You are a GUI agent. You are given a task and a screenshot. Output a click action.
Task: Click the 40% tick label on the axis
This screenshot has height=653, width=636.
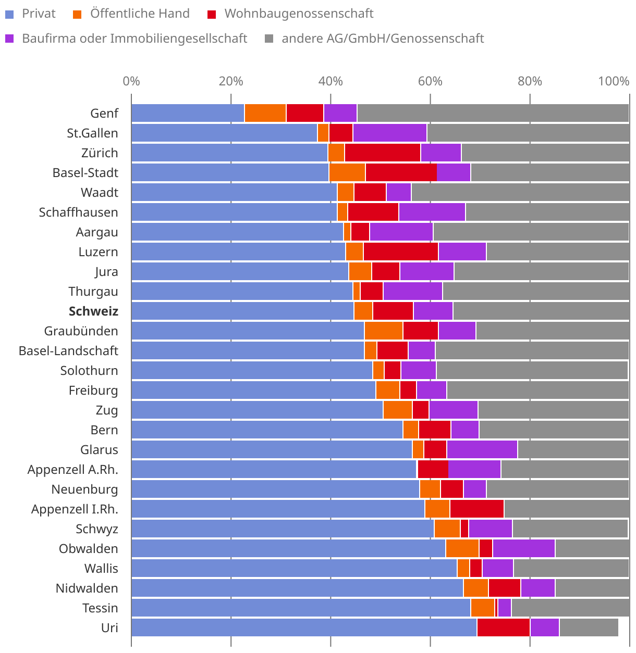(331, 81)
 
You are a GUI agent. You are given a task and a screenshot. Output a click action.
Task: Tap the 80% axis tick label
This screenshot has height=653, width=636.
(530, 81)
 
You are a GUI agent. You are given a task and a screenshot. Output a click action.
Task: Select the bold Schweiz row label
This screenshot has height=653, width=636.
(93, 311)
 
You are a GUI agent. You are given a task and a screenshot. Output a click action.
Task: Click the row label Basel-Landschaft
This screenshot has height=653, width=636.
(68, 351)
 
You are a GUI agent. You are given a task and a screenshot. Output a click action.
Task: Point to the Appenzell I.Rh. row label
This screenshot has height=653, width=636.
(75, 509)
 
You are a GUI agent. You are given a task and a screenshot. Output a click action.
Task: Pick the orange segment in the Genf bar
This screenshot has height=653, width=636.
(265, 113)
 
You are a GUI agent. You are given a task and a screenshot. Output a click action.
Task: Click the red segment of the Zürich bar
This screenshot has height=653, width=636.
(383, 153)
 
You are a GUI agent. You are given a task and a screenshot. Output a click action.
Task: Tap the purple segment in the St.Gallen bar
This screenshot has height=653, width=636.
(390, 133)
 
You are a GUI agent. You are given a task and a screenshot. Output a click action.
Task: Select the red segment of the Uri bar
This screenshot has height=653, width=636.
(504, 627)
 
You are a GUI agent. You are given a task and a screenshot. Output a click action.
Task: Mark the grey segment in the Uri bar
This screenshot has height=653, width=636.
(589, 627)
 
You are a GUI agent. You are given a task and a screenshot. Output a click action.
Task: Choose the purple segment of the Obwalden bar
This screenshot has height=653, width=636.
(524, 548)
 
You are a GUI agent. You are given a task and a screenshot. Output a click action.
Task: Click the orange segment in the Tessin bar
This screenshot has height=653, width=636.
(483, 608)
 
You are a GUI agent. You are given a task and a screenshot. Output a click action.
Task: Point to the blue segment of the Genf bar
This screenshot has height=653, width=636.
(188, 113)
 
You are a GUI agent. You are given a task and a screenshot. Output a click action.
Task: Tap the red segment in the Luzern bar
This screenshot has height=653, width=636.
(401, 252)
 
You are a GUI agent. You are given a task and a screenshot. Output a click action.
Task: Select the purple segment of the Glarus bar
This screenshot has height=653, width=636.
(482, 449)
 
